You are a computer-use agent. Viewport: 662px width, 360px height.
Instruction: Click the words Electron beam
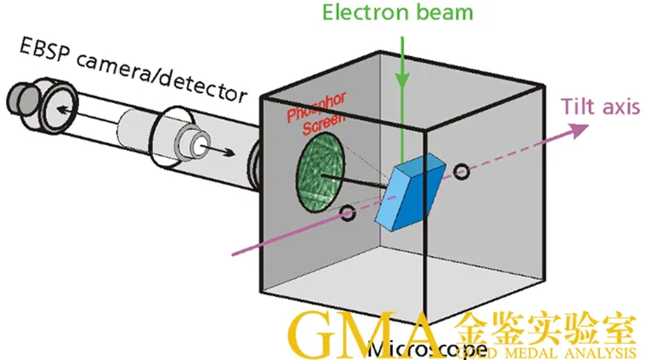tap(398, 13)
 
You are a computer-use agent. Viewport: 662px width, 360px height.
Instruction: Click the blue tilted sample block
tap(411, 190)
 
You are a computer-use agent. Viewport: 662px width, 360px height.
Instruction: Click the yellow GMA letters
tap(363, 337)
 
